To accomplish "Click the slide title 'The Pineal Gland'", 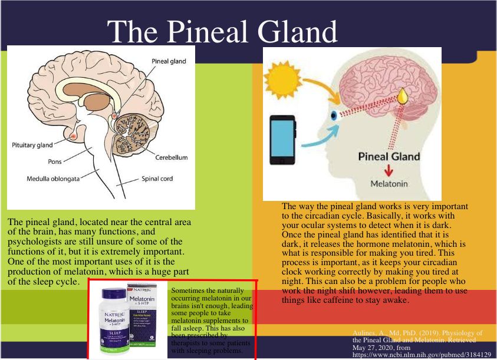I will click(223, 31).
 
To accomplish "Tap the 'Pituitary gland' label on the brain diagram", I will click(32, 144).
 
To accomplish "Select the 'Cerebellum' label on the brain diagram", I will click(171, 158).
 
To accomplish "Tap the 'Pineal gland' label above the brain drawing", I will click(169, 61).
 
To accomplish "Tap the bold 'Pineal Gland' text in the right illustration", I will click(390, 157).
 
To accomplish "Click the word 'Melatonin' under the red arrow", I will click(389, 184).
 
